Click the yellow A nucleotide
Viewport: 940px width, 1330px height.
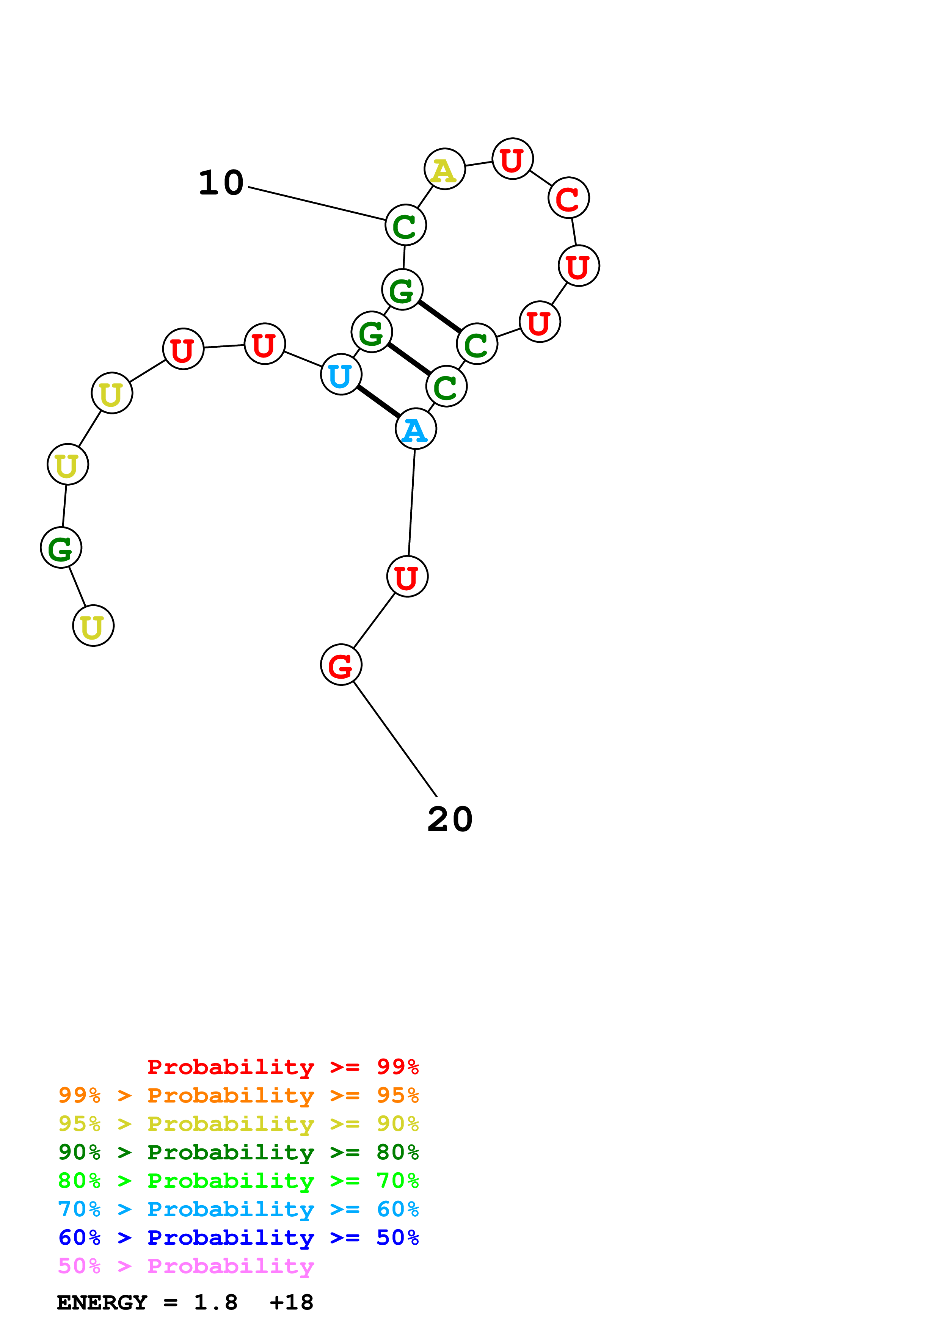444,169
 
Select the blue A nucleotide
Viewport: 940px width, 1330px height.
415,429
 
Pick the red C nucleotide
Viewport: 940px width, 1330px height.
568,198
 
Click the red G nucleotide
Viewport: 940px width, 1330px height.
341,665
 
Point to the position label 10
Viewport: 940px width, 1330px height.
221,183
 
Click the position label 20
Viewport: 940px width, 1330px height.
450,820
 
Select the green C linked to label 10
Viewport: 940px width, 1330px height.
405,225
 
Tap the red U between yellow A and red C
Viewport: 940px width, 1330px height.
512,159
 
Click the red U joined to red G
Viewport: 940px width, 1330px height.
407,577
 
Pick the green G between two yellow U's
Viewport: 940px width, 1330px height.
61,548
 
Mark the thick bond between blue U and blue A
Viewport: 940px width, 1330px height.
378,402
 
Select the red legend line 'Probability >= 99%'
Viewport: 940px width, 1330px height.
282,1067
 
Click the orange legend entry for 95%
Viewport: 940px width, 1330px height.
238,1095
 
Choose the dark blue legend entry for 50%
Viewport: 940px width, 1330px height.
238,1238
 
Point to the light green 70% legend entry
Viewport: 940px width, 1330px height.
238,1181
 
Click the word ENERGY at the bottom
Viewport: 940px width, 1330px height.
102,1303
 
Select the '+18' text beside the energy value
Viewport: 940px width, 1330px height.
291,1303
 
